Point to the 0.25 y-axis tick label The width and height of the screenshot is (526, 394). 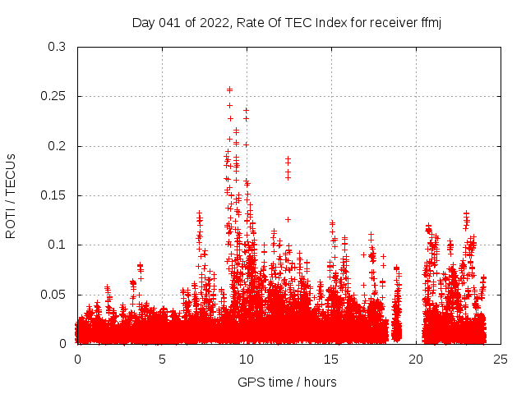[x=54, y=96]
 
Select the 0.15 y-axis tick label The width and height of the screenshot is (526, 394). [x=54, y=195]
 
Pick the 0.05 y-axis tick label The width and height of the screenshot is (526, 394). [x=54, y=294]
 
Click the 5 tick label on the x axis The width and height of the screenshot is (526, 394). [x=162, y=359]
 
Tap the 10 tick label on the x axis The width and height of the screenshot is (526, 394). [x=247, y=359]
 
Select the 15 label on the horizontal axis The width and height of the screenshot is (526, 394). [x=331, y=359]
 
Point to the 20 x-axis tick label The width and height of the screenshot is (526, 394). [x=416, y=359]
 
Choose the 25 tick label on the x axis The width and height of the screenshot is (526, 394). [x=501, y=359]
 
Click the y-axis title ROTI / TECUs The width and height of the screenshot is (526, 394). [x=11, y=195]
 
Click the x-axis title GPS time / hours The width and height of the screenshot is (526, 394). [x=287, y=382]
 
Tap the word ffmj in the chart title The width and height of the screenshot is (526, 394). [x=430, y=22]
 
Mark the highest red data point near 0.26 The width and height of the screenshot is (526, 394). [x=229, y=89]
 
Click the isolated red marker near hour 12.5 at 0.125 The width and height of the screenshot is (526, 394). [x=288, y=219]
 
